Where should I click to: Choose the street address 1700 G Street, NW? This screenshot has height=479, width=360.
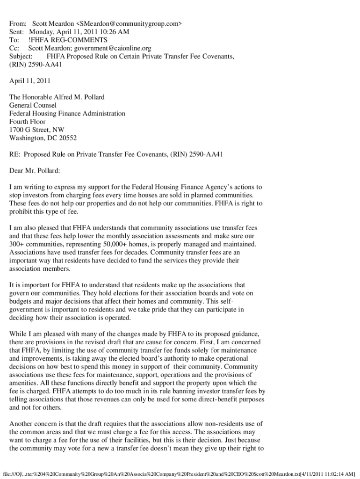(37, 130)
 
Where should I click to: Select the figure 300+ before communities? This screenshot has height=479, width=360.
(17, 244)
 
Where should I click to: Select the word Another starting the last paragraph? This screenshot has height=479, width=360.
(22, 424)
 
